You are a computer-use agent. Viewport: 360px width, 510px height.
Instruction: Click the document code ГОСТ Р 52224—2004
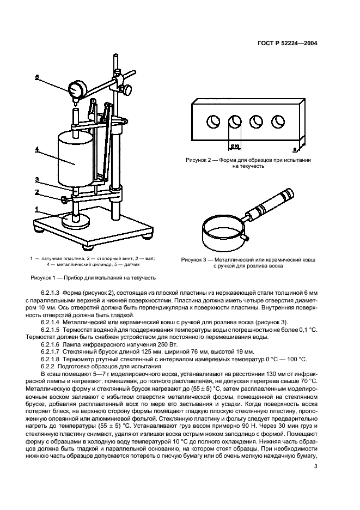286,43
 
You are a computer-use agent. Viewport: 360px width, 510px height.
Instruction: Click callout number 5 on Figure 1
36,77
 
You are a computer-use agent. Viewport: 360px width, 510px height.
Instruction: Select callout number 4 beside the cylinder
36,149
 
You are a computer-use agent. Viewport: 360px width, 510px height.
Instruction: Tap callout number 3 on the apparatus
36,180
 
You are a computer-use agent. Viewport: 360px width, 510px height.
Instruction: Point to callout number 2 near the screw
36,192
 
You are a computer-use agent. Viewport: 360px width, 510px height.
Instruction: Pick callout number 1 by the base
36,209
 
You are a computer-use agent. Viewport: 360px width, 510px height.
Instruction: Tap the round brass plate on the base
75,223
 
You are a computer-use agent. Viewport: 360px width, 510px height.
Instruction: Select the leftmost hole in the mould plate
213,122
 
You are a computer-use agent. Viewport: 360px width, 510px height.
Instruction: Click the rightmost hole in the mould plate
278,122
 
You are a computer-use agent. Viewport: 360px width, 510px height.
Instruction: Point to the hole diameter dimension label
235,147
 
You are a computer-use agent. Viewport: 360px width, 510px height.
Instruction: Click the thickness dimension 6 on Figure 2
294,149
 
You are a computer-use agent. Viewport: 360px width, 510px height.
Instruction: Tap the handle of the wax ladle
270,204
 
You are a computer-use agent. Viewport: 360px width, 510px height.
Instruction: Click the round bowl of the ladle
223,234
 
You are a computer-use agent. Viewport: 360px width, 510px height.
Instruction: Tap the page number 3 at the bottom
315,466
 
